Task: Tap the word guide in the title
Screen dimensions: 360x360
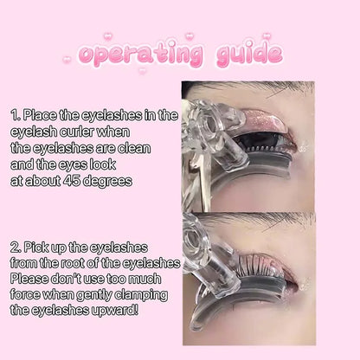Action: coord(238,55)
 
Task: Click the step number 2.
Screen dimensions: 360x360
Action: coord(16,247)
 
